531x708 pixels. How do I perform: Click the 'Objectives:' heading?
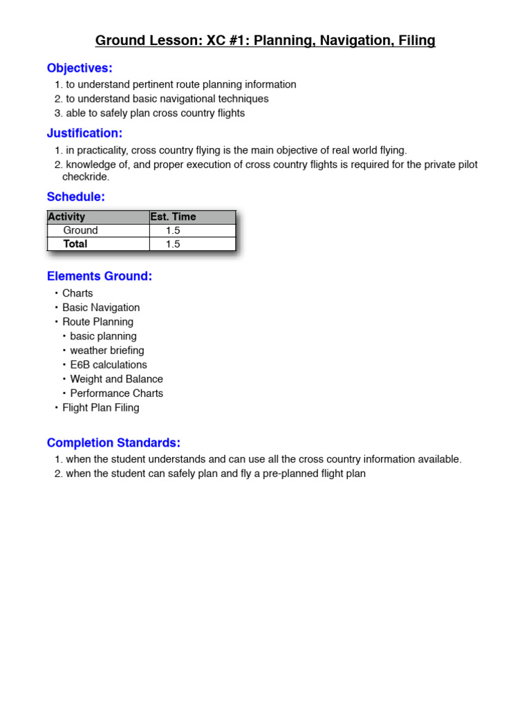click(x=80, y=68)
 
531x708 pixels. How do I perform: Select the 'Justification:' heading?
click(x=84, y=133)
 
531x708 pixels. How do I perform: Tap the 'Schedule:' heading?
click(x=76, y=197)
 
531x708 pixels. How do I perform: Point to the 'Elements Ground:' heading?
click(x=100, y=276)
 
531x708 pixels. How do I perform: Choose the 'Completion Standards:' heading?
click(x=113, y=442)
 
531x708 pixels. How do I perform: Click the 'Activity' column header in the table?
click(x=66, y=217)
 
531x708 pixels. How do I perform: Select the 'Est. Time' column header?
click(x=173, y=217)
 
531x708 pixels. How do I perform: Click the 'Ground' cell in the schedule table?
click(x=80, y=230)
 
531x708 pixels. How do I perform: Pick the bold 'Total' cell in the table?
click(x=75, y=244)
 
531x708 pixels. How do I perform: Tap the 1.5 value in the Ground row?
click(x=173, y=230)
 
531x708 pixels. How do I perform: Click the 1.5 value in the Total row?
click(x=173, y=244)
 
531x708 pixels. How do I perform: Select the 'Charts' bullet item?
click(x=77, y=293)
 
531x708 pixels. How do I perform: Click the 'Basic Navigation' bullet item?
click(x=101, y=308)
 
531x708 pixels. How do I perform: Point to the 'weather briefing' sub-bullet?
click(x=107, y=351)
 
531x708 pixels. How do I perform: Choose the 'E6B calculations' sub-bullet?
click(x=109, y=365)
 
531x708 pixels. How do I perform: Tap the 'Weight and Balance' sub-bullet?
click(x=116, y=379)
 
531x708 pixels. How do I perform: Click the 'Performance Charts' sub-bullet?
click(x=117, y=393)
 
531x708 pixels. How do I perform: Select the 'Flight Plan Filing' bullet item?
click(x=101, y=408)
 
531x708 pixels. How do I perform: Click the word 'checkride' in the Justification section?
click(x=85, y=177)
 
